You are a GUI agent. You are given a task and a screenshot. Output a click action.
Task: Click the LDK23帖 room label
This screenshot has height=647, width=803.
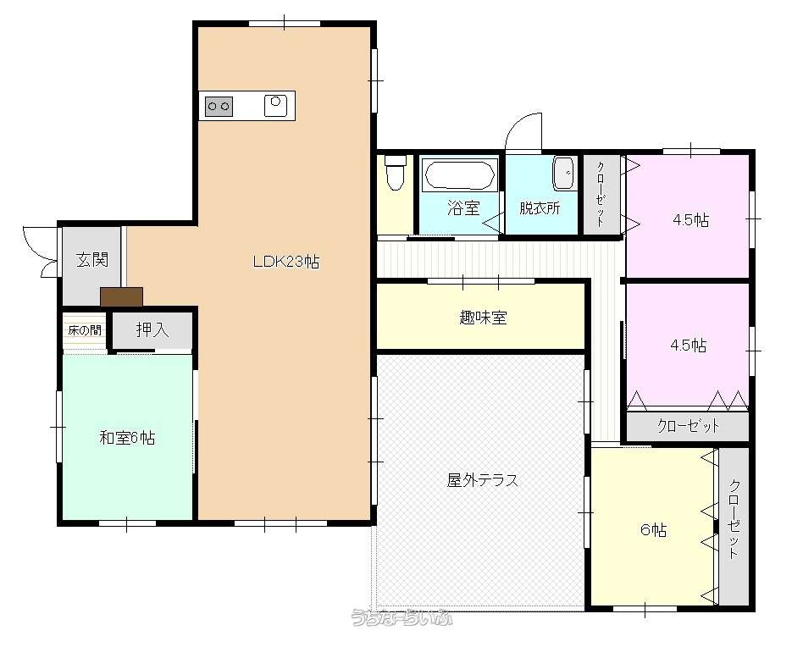coord(286,262)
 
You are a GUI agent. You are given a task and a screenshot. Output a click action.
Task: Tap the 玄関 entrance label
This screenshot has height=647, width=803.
coord(92,259)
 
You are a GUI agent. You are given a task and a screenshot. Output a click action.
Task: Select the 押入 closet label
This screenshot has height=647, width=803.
coord(152,329)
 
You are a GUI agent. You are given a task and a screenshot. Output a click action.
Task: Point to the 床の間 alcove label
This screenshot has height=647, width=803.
coord(85,330)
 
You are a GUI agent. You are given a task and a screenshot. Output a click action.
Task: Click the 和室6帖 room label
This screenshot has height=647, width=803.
coord(127,438)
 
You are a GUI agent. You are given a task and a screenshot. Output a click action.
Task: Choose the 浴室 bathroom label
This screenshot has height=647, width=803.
coord(463,207)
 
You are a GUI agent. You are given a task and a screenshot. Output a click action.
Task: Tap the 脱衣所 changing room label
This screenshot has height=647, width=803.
coord(540,207)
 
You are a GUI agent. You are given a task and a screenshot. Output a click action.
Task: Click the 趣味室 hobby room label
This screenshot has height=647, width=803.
coord(483,318)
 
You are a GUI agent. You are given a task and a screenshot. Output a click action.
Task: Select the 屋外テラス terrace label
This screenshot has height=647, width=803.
coord(482,480)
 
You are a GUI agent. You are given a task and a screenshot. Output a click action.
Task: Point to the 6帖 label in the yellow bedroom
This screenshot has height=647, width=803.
coord(653,529)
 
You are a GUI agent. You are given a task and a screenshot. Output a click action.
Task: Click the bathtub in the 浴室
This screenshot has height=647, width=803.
coord(459,175)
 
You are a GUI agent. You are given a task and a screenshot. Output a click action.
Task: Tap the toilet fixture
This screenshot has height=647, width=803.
coord(395,172)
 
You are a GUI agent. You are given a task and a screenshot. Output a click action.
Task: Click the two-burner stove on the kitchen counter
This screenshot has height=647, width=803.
coord(219,107)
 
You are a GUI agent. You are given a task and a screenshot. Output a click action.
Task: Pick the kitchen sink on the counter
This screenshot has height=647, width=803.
coord(275,106)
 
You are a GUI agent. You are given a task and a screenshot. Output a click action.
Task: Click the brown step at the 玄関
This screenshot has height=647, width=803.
coord(121,297)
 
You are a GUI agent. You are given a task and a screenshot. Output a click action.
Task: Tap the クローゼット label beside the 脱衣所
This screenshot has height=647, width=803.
coord(601,194)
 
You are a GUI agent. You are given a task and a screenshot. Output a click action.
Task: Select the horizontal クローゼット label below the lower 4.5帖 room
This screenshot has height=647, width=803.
coord(688,426)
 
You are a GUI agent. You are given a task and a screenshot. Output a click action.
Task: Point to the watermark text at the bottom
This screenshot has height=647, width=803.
coord(402,618)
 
